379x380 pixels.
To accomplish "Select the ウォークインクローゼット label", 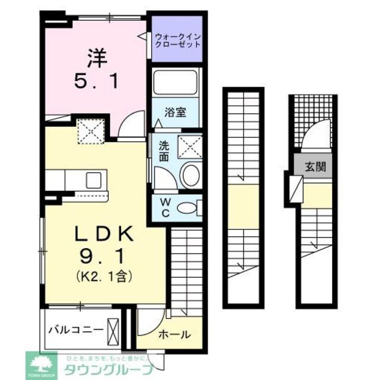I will click(x=177, y=40).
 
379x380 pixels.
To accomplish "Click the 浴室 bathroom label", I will click(x=176, y=112).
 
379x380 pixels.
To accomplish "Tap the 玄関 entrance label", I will click(x=315, y=167).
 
